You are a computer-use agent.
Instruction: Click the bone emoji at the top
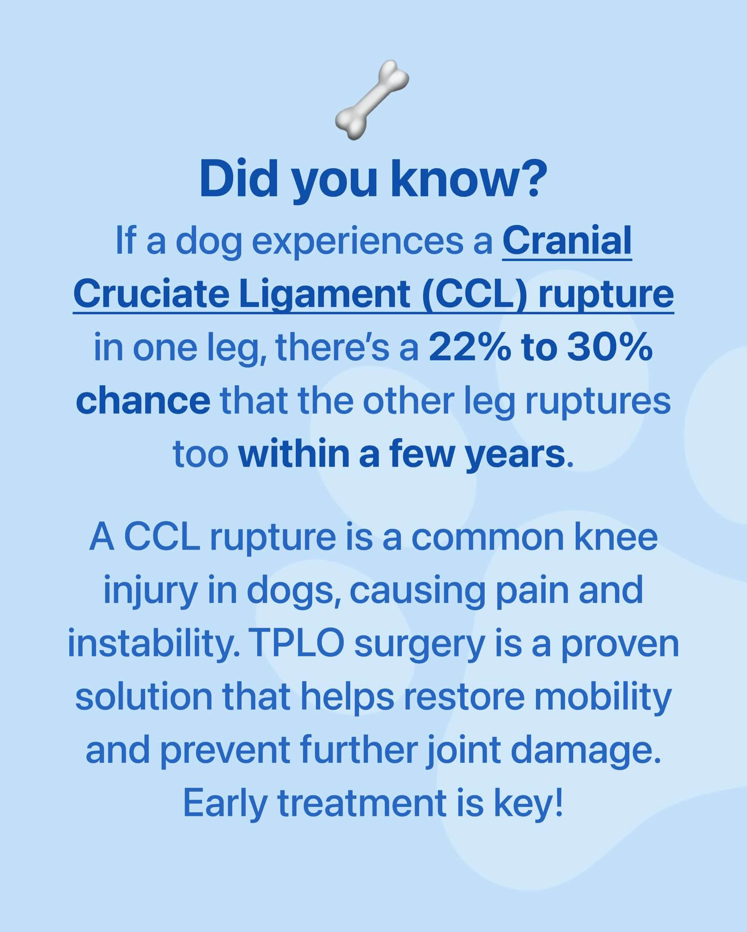(x=372, y=99)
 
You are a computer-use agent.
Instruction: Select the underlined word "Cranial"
(x=567, y=241)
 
